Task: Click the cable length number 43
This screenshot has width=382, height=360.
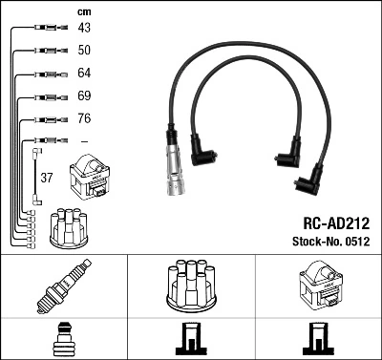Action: click(84, 28)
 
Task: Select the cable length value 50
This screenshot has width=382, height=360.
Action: click(84, 50)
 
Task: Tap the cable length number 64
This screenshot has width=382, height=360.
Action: click(84, 74)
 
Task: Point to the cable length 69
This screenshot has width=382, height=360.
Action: click(84, 96)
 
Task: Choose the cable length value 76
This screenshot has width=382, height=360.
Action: click(84, 119)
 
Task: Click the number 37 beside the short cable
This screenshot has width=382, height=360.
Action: click(47, 178)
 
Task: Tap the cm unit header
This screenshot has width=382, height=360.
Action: click(83, 11)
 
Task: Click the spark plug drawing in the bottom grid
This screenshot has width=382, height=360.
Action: click(63, 286)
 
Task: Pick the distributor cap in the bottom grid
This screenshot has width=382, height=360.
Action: click(191, 284)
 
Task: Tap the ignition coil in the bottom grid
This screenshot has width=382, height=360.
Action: click(318, 284)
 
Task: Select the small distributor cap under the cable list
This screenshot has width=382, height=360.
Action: click(69, 226)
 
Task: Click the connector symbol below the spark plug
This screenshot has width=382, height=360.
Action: click(63, 339)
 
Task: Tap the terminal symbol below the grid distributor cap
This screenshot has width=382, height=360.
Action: click(191, 339)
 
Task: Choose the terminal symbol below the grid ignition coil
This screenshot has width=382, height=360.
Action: click(318, 339)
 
